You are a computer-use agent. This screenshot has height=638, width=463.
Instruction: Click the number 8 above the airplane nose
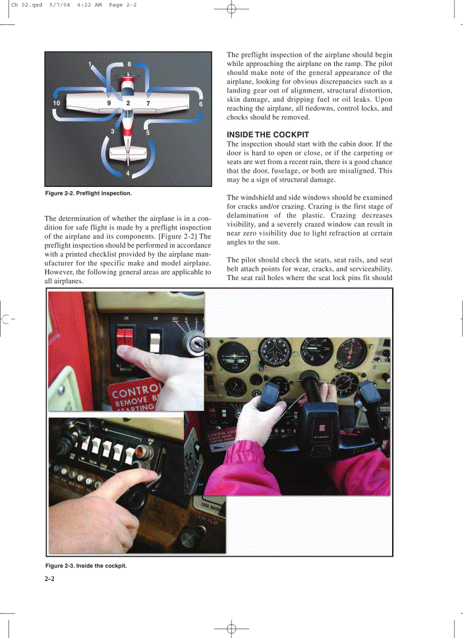click(x=129, y=64)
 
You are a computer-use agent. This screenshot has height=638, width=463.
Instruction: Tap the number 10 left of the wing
click(x=56, y=103)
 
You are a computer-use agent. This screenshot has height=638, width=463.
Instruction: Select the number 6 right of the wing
click(x=201, y=104)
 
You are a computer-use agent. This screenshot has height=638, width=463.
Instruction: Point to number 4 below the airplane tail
click(x=128, y=173)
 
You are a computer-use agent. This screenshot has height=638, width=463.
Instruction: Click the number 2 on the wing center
click(x=128, y=103)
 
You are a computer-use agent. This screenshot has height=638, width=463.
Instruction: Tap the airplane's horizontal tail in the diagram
click(x=128, y=152)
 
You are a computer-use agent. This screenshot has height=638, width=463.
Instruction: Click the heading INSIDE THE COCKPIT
click(x=268, y=135)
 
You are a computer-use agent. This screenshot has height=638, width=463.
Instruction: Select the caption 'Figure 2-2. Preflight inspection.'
click(x=89, y=194)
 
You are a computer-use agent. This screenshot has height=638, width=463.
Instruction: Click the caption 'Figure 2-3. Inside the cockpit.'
click(x=86, y=566)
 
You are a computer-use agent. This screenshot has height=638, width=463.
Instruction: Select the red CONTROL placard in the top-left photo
click(x=136, y=396)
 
